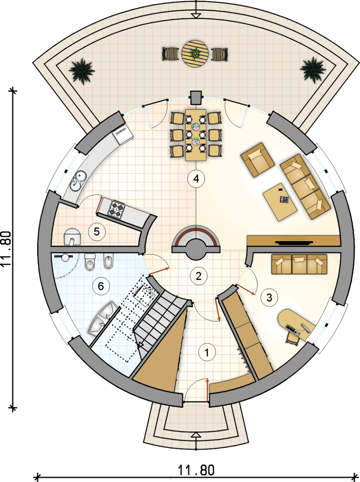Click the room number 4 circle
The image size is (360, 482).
coord(196,179)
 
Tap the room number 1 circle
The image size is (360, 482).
coord(207,352)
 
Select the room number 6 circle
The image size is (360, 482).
coord(101,286)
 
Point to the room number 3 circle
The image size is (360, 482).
coord(269,298)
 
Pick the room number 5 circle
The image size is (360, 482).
coord(97,231)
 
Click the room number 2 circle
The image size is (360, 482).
coord(199,276)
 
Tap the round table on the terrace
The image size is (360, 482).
coord(195,54)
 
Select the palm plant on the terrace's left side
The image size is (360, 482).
coord(81,71)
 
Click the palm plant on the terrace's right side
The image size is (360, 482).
coord(313,70)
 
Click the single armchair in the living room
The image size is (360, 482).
coord(258,160)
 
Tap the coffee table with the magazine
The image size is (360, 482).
coord(280,202)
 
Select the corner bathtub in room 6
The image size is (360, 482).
coord(103,319)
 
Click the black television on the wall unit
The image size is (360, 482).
coord(294,243)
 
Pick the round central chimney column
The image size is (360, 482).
coord(196,249)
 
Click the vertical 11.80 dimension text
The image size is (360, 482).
coord(6,249)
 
